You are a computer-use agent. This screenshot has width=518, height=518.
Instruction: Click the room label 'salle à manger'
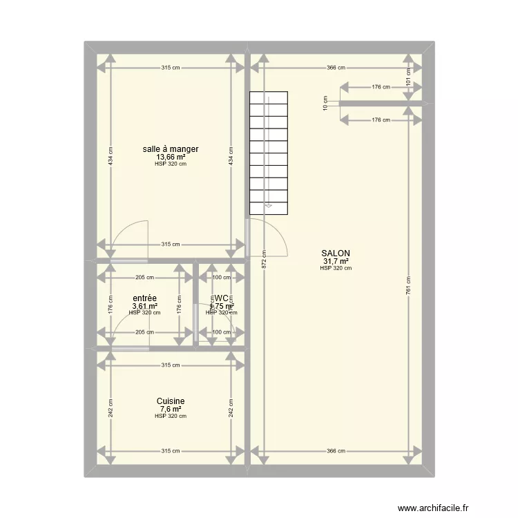click(x=171, y=148)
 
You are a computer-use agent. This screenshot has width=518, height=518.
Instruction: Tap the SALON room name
click(x=336, y=253)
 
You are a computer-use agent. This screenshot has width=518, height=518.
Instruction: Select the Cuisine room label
click(x=171, y=401)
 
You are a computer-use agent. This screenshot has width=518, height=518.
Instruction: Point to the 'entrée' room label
click(x=144, y=298)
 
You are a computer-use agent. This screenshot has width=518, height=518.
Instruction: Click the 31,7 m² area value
click(x=336, y=261)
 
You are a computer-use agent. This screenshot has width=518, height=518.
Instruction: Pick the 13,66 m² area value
click(x=171, y=157)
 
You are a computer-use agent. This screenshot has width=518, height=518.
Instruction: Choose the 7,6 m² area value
click(x=171, y=409)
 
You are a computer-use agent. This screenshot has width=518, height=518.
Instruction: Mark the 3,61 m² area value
click(x=144, y=306)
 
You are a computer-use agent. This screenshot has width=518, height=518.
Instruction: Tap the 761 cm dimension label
click(x=409, y=283)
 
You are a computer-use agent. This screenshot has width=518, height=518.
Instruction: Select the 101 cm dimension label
click(x=409, y=79)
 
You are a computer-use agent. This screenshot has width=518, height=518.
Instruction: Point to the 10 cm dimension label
click(x=325, y=103)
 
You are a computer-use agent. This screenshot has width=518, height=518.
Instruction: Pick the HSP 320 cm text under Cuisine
click(x=171, y=416)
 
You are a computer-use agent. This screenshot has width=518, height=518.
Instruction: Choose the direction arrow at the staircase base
click(x=269, y=205)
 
